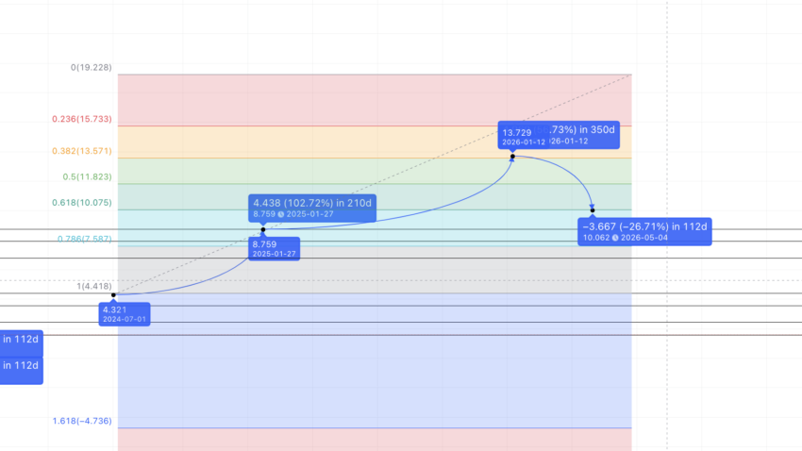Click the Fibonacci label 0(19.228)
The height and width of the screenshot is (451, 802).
pos(92,68)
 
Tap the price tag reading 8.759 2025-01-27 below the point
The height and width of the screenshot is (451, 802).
pos(274,249)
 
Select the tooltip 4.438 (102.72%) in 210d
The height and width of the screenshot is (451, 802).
pos(311,201)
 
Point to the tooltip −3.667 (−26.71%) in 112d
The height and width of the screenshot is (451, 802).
pos(645,226)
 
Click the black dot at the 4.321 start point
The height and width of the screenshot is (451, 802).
pos(114,295)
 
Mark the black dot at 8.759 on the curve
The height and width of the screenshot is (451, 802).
pos(263,229)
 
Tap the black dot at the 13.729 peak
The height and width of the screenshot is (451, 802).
pos(512,157)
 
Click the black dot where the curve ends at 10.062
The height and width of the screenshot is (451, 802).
pos(593,209)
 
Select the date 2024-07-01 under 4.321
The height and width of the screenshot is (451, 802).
pos(125,319)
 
